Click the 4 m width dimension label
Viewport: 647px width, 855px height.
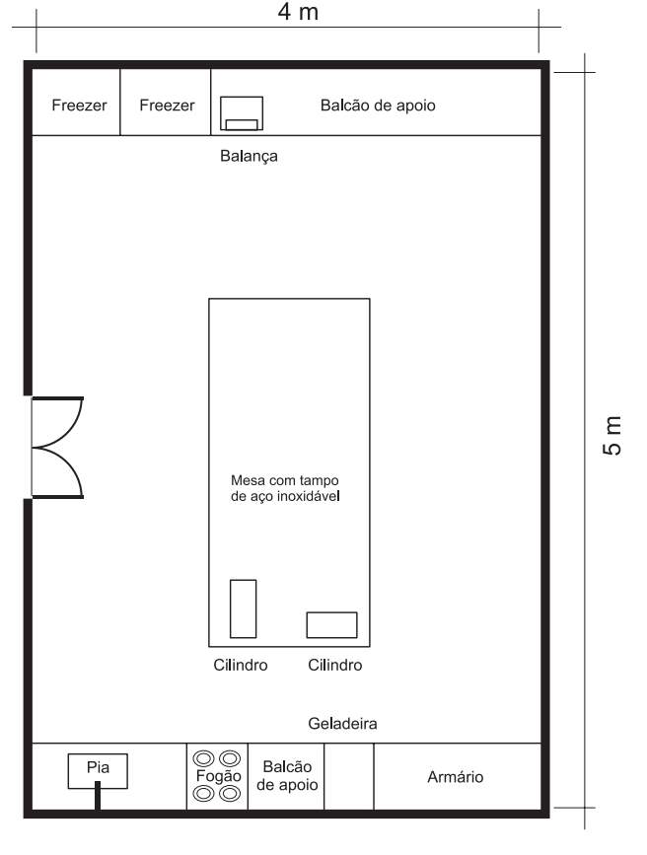[x=298, y=12]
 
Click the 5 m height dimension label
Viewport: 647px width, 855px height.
[x=612, y=435]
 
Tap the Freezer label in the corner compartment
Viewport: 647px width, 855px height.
[x=79, y=105]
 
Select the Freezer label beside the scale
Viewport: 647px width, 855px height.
[x=167, y=105]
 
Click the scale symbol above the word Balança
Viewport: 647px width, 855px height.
[x=242, y=113]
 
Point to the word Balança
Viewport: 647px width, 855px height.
[x=249, y=157]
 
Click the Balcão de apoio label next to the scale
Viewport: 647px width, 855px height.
[x=378, y=105]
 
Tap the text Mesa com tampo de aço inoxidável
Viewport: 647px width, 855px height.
[x=285, y=488]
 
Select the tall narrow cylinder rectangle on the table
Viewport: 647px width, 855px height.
[x=244, y=608]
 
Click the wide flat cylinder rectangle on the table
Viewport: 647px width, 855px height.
[x=331, y=625]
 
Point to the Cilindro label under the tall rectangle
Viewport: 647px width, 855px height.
[x=241, y=665]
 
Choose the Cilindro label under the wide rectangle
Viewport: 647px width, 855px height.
[x=335, y=665]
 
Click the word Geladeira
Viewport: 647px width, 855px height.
[x=342, y=724]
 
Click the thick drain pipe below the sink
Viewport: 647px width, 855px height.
[x=98, y=796]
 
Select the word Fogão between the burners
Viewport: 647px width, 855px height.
[x=218, y=776]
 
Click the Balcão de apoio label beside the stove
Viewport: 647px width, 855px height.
[x=287, y=775]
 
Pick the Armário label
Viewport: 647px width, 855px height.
[x=456, y=776]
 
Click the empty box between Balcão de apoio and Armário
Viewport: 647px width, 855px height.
[x=349, y=776]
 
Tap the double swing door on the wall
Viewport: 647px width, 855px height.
[x=57, y=448]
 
